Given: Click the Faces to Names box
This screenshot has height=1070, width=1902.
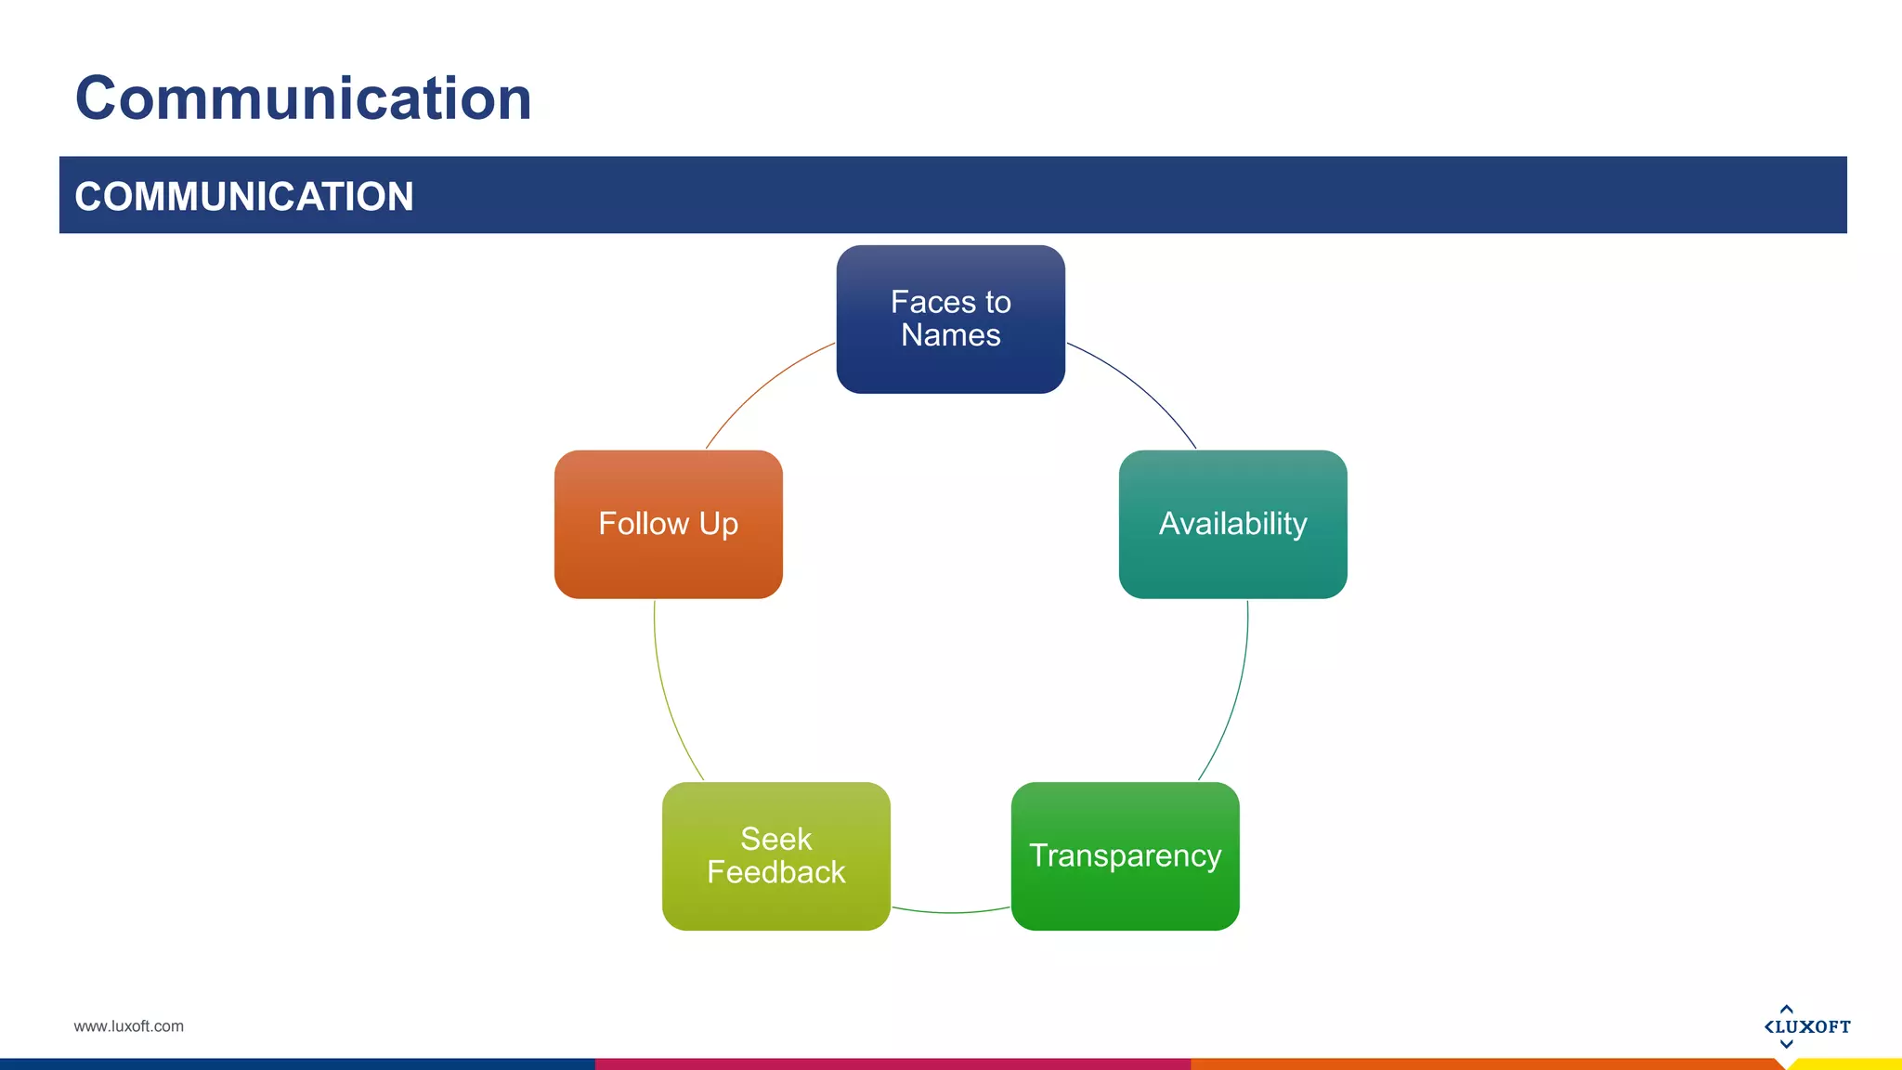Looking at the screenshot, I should (950, 319).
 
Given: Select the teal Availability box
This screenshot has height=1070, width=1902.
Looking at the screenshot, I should (1232, 524).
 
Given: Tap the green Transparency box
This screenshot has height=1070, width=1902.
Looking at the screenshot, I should (1125, 855).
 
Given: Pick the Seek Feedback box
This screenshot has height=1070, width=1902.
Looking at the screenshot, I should (775, 855).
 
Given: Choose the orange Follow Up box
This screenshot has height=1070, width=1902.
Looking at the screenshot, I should (668, 524).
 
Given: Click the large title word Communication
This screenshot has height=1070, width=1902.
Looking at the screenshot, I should (303, 98).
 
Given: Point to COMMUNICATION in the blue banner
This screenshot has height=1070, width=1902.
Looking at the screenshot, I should (243, 196).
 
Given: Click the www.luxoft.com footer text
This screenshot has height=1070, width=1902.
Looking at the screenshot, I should (128, 1026).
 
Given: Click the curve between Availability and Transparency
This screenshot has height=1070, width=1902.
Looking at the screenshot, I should (1236, 697).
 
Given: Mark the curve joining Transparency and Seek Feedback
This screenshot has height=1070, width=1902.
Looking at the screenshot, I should (950, 912).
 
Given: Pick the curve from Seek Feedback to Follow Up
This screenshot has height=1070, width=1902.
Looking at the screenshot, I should (666, 697).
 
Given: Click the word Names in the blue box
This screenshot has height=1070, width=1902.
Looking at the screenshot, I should (950, 335).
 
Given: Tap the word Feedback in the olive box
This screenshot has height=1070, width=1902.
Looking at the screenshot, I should (775, 872).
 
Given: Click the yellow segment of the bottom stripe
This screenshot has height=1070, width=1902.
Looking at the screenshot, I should (1848, 1064).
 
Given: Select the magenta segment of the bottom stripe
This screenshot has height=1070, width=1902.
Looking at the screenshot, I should (892, 1064).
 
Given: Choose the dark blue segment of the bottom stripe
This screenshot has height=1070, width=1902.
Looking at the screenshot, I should (297, 1064).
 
